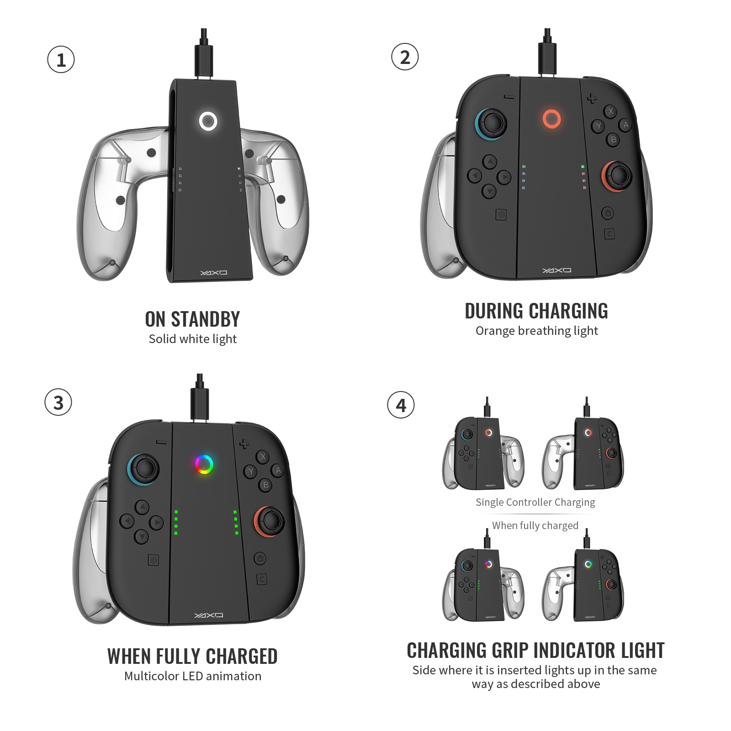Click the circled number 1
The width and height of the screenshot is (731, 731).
tap(61, 60)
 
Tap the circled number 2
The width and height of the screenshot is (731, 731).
tap(405, 57)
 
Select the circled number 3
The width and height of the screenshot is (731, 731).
tap(58, 403)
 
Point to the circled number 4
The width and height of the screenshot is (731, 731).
tap(401, 405)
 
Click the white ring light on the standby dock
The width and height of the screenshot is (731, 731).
tap(208, 122)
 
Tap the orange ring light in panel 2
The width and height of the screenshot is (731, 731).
tap(551, 119)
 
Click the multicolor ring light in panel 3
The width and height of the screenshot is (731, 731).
tap(204, 465)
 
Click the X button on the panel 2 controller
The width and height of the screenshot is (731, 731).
tap(611, 111)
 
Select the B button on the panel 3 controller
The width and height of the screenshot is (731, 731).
tap(266, 485)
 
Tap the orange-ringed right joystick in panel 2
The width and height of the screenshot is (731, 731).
tap(618, 175)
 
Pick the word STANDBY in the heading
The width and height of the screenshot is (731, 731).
tap(205, 319)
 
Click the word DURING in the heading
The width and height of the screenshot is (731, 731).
tap(494, 311)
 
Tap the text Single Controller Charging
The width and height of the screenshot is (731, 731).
tap(535, 503)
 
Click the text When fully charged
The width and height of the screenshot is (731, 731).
tap(535, 525)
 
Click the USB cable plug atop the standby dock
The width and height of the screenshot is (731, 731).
tap(204, 59)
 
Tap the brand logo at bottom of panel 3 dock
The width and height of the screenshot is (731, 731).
tap(209, 615)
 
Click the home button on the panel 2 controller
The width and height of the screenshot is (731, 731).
tap(607, 213)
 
